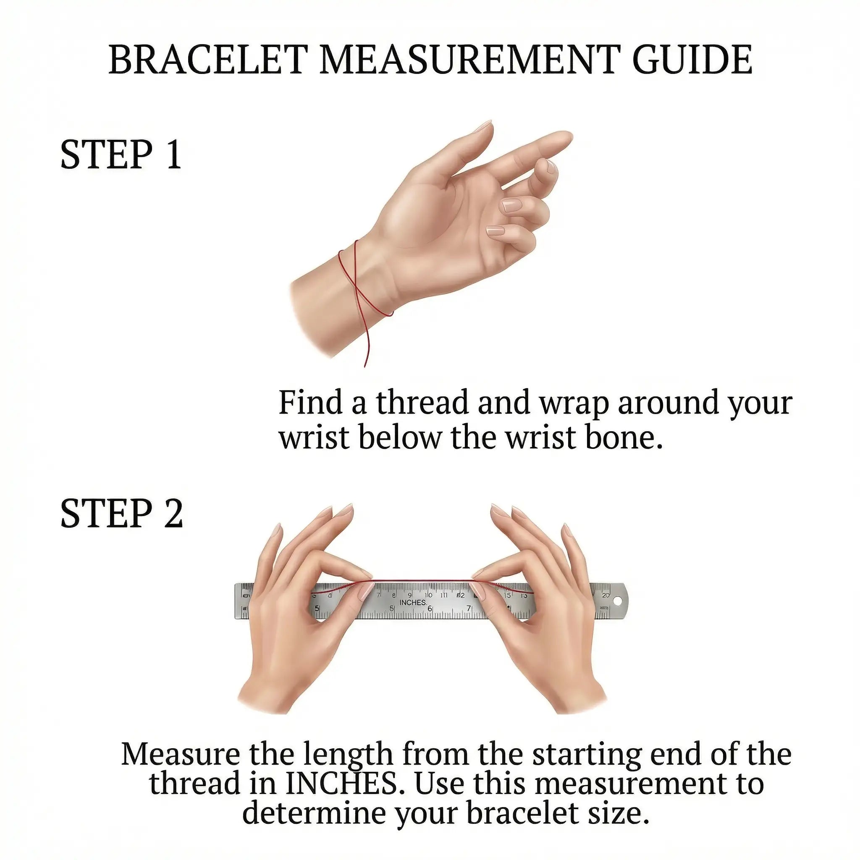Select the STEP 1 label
pos(121,155)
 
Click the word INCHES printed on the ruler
pos(413,602)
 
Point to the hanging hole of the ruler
pos(617,601)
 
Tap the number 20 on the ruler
pos(606,595)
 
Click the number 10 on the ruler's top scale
pos(428,595)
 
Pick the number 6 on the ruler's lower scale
pos(430,609)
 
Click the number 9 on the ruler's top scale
pos(409,595)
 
